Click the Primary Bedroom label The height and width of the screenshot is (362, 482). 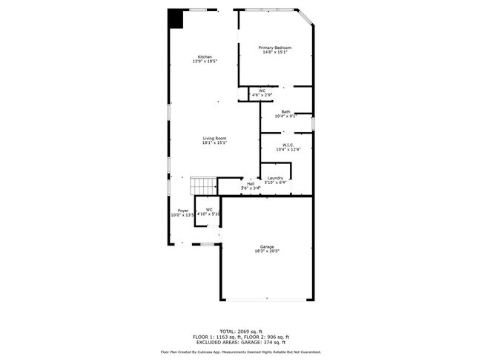pos(274,47)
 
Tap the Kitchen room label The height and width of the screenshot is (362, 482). pos(205,56)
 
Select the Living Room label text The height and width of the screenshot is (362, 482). pos(215,138)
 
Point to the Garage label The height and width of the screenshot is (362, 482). pos(267,246)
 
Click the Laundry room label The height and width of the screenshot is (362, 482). pos(275,177)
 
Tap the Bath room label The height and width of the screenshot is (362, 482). pos(285,111)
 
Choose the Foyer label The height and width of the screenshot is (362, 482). pos(182,210)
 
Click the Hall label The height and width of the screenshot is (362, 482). pos(251,184)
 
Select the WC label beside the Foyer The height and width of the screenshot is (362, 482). pos(210,209)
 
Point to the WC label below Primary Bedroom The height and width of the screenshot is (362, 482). pos(263,90)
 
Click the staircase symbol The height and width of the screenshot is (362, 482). pos(202,185)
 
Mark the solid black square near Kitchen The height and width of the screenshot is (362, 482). pos(176,18)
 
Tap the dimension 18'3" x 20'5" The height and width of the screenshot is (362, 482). pos(267,251)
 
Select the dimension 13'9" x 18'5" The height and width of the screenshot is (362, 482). pos(205,62)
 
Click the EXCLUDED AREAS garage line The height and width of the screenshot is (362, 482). pos(240,342)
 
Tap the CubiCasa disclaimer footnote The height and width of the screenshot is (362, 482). pos(240,352)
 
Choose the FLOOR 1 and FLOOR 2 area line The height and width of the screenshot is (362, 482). pos(240,336)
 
